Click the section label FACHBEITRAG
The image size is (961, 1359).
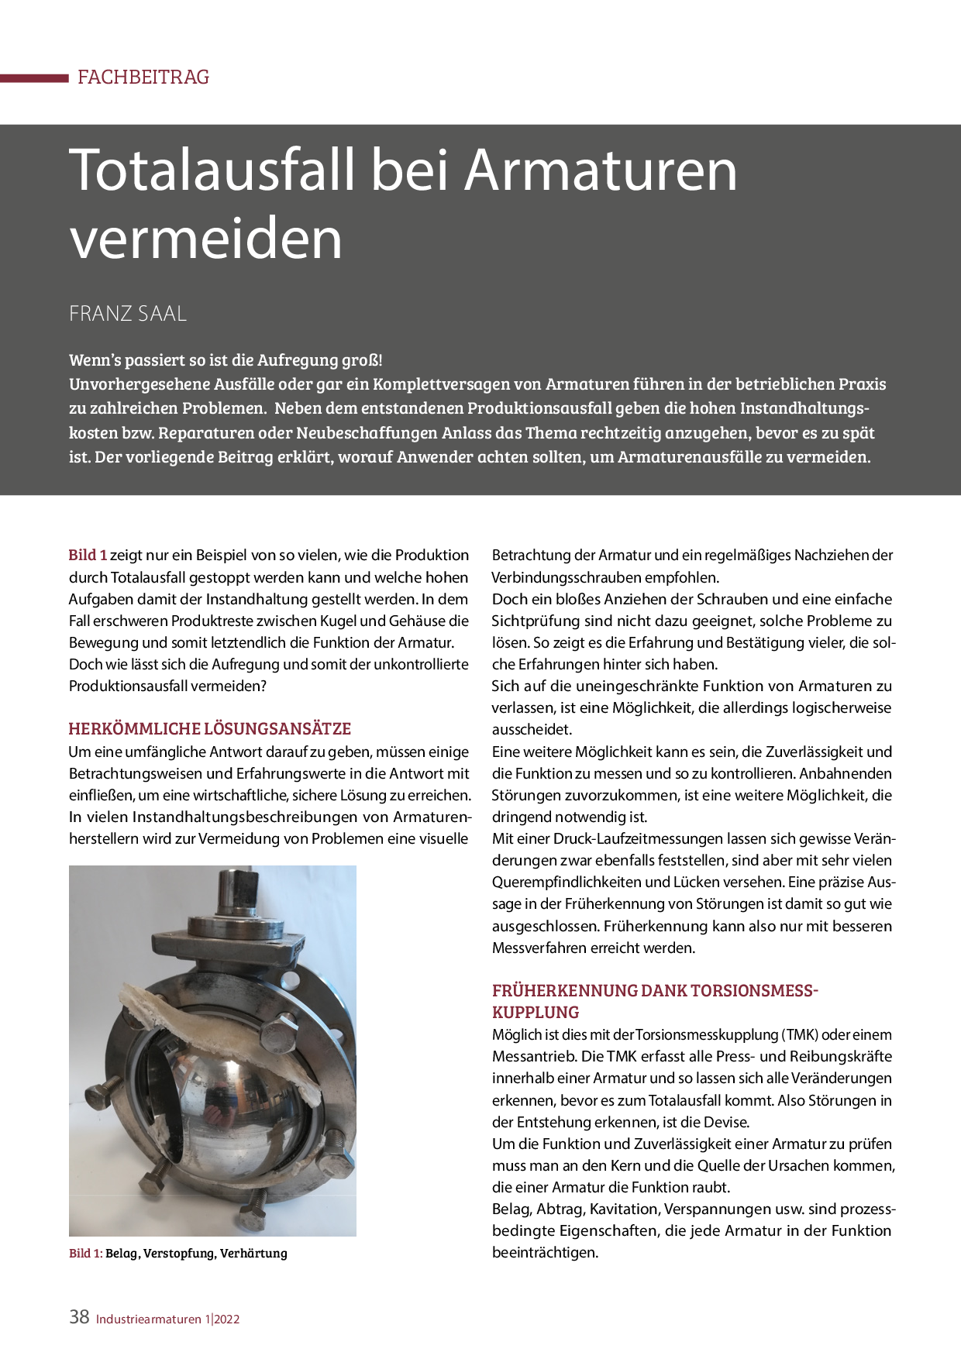143,77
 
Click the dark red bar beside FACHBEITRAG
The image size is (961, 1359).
34,77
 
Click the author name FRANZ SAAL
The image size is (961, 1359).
128,314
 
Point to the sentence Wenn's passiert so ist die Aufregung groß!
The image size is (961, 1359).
226,360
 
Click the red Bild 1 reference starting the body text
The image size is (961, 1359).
88,555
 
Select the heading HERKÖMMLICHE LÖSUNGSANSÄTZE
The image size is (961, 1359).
209,728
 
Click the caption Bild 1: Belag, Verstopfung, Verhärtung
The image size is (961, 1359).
177,1253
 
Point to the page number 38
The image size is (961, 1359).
79,1317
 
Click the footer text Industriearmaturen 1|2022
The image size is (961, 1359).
167,1319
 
